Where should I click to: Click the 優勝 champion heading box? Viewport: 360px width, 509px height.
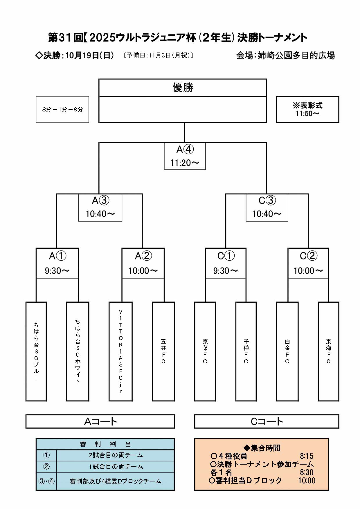point(183,87)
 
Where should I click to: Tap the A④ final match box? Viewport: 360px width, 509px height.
point(185,156)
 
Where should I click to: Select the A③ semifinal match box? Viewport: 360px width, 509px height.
point(100,207)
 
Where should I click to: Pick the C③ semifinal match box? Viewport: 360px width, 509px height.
point(267,207)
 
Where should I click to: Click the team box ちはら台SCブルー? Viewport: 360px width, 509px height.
point(36,351)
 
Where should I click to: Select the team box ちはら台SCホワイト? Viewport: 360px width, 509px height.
point(78,351)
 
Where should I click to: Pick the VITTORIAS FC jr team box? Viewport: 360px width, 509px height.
point(120,351)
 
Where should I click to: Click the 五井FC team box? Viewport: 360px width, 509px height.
point(163,351)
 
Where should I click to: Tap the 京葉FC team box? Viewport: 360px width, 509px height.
point(205,351)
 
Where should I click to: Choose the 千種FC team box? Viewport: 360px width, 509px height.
point(246,351)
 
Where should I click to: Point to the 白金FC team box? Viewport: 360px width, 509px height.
point(287,351)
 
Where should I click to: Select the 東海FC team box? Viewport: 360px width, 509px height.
point(328,351)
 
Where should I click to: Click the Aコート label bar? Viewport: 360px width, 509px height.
point(100,421)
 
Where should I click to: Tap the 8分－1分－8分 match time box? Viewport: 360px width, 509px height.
point(62,109)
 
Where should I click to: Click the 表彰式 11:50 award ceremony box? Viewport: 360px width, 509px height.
point(307,109)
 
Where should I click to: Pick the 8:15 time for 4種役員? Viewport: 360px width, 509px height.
point(307,456)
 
